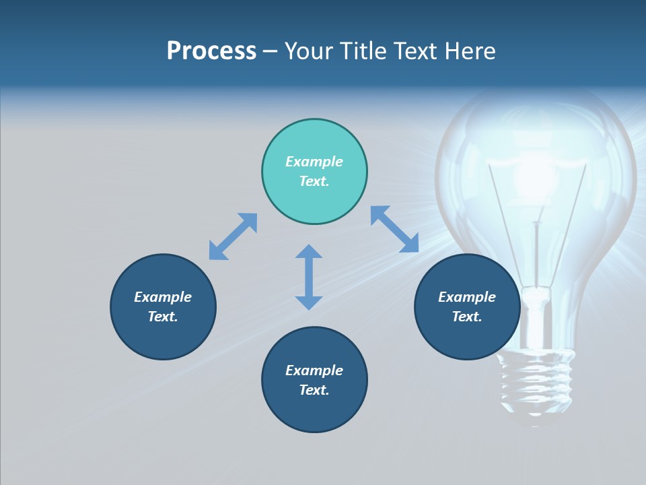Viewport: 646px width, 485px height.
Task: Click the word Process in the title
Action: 211,51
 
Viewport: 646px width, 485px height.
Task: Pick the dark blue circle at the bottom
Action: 314,411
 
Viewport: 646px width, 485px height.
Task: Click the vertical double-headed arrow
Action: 309,277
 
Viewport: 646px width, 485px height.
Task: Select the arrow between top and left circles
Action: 233,236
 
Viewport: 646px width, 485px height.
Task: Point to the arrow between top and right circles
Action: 394,229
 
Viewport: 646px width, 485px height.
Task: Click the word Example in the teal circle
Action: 314,162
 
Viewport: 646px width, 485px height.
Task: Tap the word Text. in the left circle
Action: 163,317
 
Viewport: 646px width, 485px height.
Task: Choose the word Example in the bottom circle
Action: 314,370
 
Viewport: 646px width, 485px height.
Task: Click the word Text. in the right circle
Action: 467,317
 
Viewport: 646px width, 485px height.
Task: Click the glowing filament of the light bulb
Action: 535,175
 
